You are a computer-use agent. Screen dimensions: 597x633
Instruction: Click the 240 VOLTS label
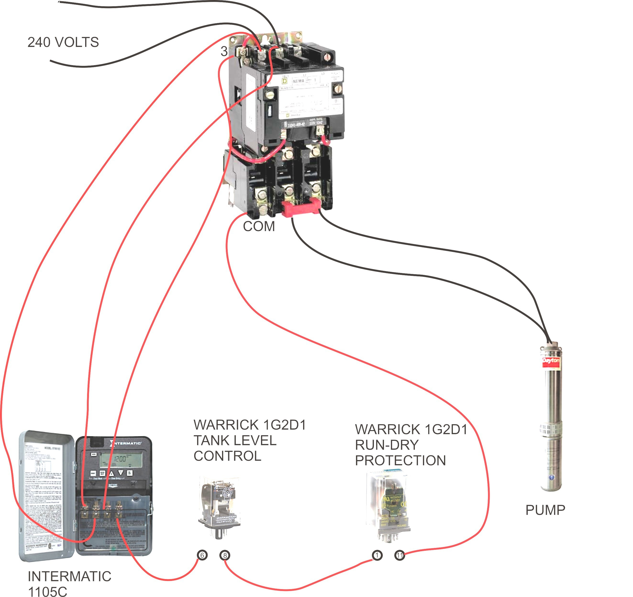(63, 42)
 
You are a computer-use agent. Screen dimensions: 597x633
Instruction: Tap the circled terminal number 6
(202, 555)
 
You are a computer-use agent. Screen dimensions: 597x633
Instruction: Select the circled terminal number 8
(225, 556)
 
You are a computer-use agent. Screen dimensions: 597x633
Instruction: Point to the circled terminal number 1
(377, 555)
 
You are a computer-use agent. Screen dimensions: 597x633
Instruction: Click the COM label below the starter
(259, 227)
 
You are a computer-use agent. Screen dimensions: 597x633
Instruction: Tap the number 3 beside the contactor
(224, 51)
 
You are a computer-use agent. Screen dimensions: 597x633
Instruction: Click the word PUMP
(545, 510)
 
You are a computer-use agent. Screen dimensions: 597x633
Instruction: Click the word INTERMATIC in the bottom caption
(69, 576)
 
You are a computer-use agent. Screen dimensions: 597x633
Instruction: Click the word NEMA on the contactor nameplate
(298, 81)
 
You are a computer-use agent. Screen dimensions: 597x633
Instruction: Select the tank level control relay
(219, 507)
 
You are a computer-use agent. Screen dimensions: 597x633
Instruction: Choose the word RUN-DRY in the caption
(387, 445)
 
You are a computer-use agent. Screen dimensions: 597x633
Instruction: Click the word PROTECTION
(400, 460)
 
